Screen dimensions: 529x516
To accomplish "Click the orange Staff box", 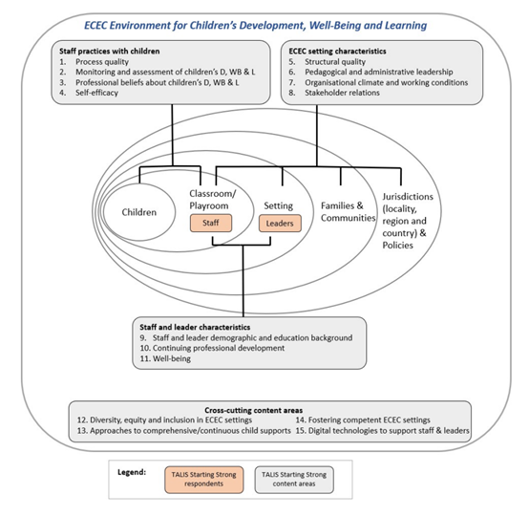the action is click(211, 223).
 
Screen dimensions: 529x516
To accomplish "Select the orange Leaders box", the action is click(280, 224).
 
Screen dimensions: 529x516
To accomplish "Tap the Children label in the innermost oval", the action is click(139, 212).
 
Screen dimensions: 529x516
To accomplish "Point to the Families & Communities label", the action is click(348, 212).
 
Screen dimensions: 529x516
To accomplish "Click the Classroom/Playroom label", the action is click(213, 200).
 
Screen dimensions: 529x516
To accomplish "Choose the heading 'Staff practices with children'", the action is click(109, 52).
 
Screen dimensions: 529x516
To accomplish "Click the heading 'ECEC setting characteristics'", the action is click(337, 52).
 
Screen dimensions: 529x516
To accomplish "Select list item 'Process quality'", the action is click(102, 62).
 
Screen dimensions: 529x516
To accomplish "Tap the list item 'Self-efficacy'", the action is click(96, 93).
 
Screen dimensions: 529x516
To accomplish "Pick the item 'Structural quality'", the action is click(335, 62).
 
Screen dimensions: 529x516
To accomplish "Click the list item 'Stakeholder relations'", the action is click(342, 93).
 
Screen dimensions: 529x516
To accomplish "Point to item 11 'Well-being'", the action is click(165, 358).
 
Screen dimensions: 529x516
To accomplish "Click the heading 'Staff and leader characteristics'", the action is click(195, 327).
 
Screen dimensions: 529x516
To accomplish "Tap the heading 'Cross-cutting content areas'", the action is click(253, 410).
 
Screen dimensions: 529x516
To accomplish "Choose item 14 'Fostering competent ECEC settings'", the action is click(363, 420).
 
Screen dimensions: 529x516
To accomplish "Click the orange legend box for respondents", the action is click(203, 480).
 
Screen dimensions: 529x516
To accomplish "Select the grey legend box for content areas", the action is click(294, 480).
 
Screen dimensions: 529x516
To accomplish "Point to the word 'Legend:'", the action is click(132, 472).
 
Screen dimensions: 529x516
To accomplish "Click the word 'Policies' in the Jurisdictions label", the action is click(397, 246).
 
